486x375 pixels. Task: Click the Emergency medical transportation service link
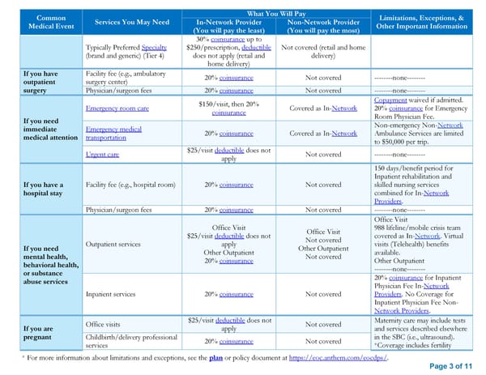pos(113,133)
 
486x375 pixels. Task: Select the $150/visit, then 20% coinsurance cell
pos(230,108)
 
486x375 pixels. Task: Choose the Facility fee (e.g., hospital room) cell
pos(130,184)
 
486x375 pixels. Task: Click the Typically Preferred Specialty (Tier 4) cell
pos(132,52)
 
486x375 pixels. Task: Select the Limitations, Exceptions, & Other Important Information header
pos(427,23)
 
